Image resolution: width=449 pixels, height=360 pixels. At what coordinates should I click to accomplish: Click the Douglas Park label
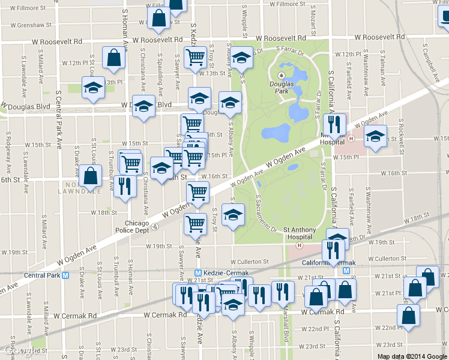(x=282, y=88)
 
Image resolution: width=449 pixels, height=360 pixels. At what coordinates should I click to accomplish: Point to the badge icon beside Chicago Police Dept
(x=155, y=226)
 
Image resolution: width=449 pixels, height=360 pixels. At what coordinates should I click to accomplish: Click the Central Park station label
(x=43, y=276)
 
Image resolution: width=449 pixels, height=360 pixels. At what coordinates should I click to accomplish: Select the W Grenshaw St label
(x=35, y=26)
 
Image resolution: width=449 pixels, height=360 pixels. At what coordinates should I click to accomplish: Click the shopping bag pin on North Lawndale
(x=90, y=176)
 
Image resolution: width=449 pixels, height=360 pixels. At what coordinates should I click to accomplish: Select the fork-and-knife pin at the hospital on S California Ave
(x=335, y=124)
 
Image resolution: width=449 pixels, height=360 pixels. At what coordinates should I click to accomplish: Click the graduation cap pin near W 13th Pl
(x=93, y=88)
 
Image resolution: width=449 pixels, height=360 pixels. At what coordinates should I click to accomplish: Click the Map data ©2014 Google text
(x=412, y=356)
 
